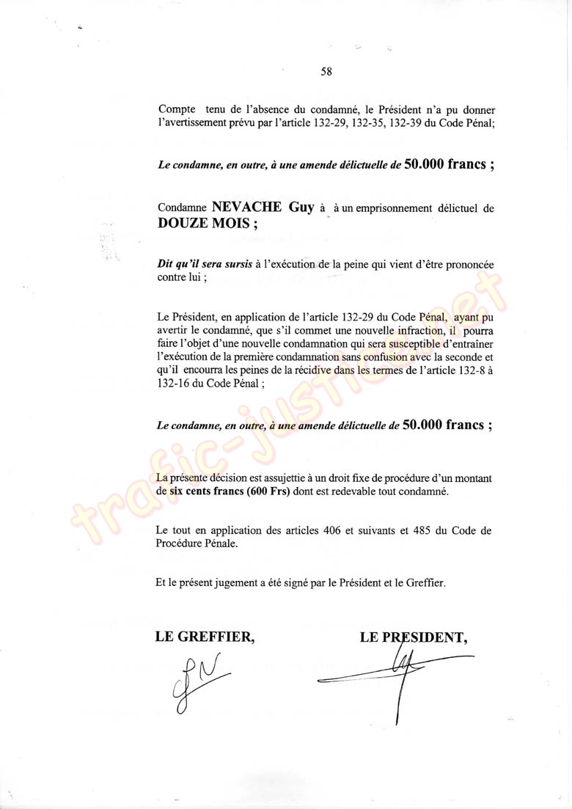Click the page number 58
click(326, 71)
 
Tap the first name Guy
click(301, 208)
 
